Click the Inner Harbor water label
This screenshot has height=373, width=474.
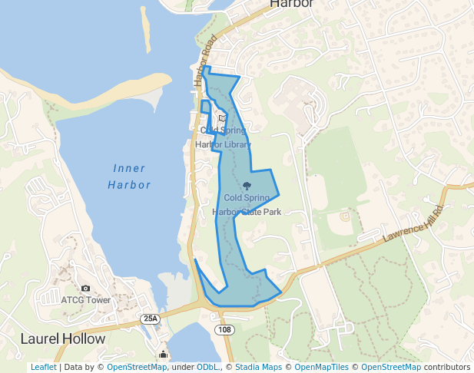point(129,177)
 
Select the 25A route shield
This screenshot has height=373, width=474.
point(151,318)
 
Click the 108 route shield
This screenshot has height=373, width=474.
point(224,329)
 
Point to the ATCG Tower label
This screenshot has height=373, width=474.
point(85,300)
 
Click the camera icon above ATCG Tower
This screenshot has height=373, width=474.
point(85,288)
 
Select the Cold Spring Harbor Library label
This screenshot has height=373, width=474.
point(223,137)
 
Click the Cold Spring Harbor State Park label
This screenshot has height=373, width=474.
point(247,204)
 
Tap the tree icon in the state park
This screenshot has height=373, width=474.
point(247,185)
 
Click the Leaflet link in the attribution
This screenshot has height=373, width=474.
point(43,367)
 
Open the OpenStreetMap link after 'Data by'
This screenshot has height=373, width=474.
point(137,367)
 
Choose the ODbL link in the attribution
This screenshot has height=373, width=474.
point(207,367)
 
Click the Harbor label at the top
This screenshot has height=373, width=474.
point(292,5)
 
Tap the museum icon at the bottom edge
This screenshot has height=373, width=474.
point(163,355)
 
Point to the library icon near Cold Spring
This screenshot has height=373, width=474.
point(222,119)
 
